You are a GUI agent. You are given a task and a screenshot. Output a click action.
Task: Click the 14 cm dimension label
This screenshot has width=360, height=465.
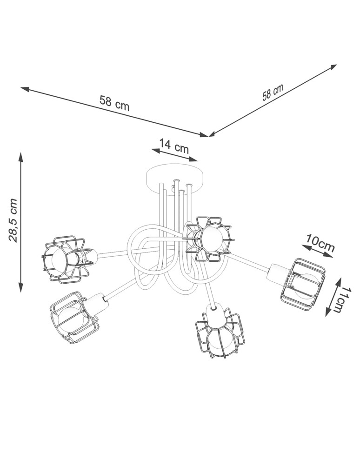click(174, 146)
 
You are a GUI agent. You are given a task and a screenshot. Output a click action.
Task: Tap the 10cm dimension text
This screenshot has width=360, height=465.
click(320, 244)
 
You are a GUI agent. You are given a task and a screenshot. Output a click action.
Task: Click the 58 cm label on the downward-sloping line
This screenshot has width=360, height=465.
click(114, 103)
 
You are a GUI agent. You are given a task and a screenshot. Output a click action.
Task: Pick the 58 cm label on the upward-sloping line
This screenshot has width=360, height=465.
click(273, 93)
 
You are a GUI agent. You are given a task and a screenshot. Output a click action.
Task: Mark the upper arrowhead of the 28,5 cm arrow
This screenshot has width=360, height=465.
click(20, 155)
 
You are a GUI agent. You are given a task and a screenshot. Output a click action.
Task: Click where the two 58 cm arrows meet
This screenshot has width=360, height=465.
click(209, 136)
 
